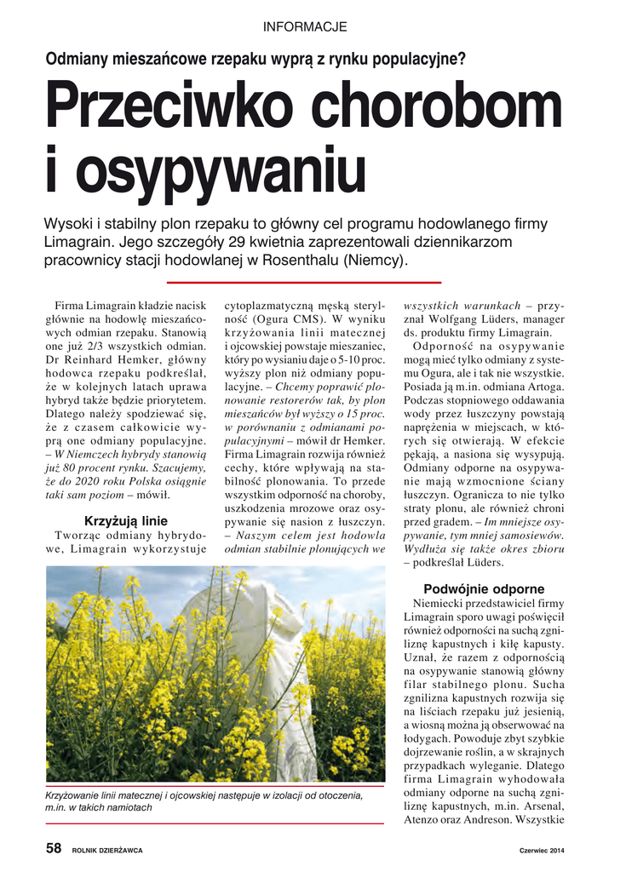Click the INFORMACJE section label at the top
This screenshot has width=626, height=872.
[305, 27]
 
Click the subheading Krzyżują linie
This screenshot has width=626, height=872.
[125, 520]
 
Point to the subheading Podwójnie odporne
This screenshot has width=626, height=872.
[484, 588]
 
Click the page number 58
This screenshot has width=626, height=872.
[53, 848]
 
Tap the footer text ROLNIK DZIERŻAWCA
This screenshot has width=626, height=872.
[106, 850]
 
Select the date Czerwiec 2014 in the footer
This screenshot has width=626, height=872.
[542, 850]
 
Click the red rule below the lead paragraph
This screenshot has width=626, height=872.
[303, 282]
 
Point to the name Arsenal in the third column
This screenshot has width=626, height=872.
[543, 806]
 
